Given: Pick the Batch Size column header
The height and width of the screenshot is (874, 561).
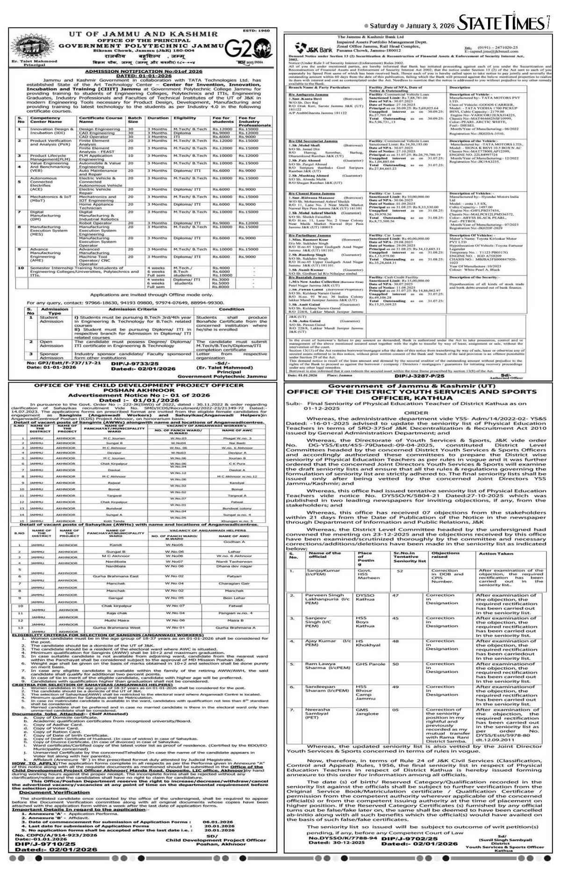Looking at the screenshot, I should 135,120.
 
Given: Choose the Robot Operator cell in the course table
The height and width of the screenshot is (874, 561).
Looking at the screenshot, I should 93,223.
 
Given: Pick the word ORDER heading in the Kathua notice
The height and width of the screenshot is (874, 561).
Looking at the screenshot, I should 416,413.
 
